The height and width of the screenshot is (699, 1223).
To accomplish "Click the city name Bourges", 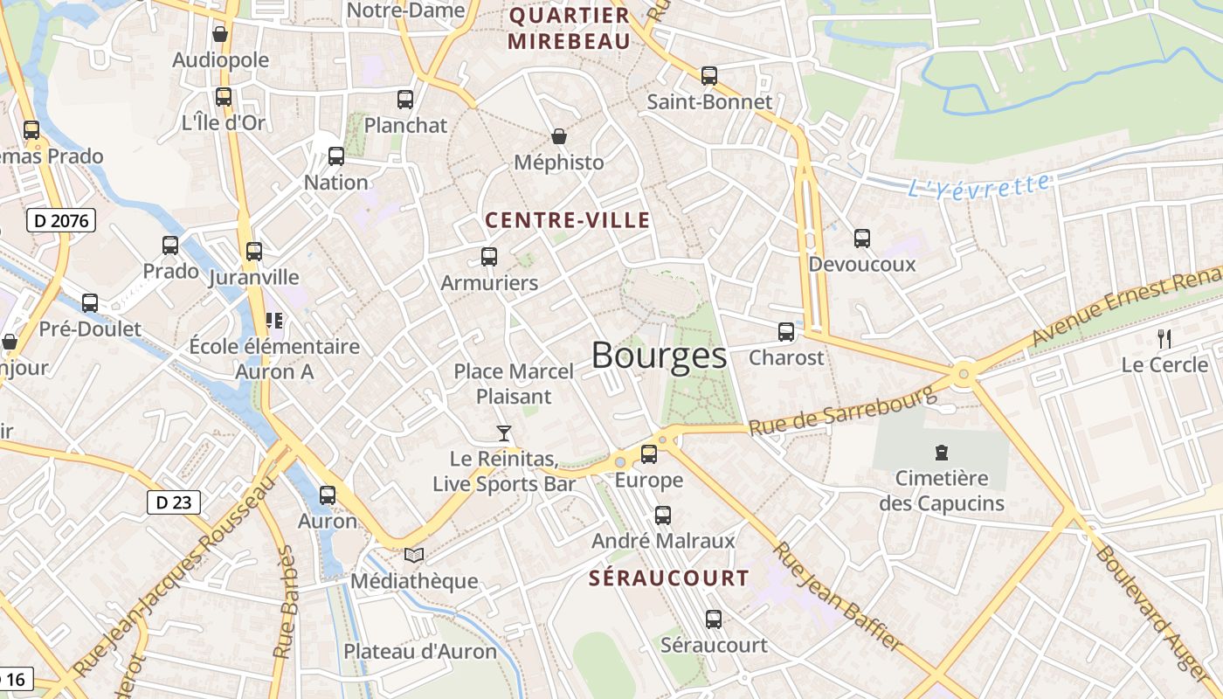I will coord(659,356).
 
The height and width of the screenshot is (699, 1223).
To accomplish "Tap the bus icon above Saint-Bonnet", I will coord(709,76).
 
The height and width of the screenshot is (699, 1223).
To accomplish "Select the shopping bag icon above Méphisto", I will coord(559,136).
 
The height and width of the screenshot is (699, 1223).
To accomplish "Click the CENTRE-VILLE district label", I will coord(568,220).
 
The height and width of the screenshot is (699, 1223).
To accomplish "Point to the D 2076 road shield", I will coord(60,220).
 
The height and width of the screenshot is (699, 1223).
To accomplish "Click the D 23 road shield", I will coord(173,502).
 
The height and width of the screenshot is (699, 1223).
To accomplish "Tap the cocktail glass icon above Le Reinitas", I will coord(504,433).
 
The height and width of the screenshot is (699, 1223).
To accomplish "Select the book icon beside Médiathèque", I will coord(414,555).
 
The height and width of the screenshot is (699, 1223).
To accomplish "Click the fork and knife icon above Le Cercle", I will coord(1164,339).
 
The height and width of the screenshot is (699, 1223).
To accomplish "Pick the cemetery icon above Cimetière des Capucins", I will coord(942,453).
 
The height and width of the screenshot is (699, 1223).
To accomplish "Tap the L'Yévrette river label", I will coord(978,185).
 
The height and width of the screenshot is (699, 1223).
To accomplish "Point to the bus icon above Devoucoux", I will coord(862,238).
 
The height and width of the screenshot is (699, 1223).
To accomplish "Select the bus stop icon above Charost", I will coord(786,332).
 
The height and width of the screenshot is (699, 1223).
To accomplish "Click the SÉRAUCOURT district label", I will coord(669,578).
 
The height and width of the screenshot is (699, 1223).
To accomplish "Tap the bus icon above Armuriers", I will coord(489,257).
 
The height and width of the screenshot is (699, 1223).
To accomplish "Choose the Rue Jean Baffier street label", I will coord(838,596).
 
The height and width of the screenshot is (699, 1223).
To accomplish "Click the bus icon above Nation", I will coord(336,156).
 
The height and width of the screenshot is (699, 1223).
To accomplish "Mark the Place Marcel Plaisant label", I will coord(514,384).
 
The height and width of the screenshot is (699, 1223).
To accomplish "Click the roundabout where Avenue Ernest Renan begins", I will coord(964,373).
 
